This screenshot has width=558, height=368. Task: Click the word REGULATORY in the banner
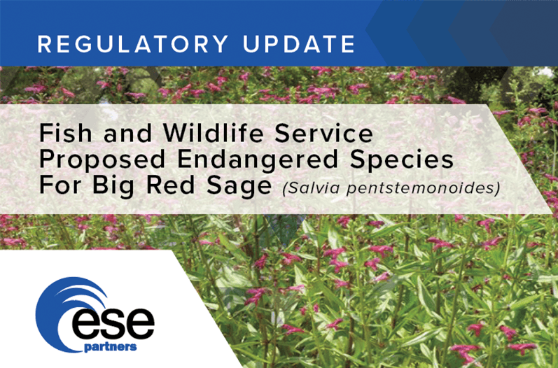[133, 44]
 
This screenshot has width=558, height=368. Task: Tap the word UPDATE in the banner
[299, 44]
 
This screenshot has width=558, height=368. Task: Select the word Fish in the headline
[65, 133]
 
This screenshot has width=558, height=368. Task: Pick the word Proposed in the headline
[102, 160]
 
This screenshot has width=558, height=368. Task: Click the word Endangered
[258, 159]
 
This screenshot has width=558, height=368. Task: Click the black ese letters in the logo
[113, 323]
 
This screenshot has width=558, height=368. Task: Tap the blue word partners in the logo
[111, 347]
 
